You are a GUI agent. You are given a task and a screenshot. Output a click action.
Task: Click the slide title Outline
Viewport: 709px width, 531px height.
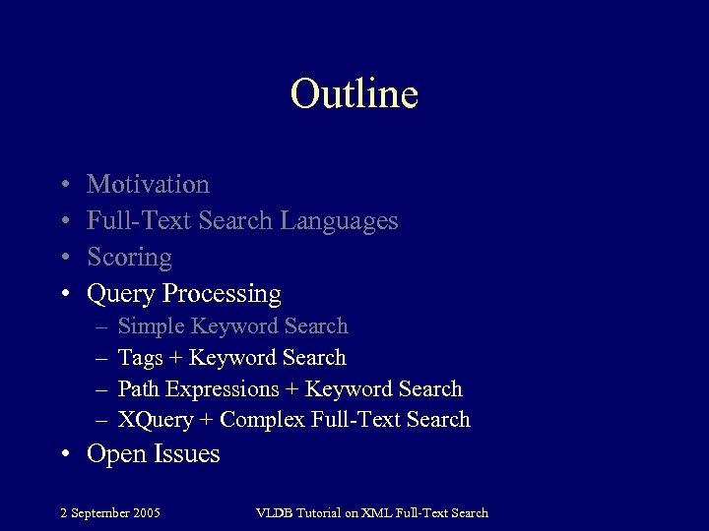click(x=354, y=94)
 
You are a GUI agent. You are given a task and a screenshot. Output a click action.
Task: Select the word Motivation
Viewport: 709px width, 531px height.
click(x=148, y=184)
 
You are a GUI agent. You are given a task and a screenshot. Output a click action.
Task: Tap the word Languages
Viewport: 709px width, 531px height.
click(x=339, y=221)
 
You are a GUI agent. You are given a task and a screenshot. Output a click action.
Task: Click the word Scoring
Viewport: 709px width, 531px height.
click(x=129, y=258)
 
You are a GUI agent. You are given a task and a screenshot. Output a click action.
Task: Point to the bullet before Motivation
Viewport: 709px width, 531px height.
click(x=64, y=185)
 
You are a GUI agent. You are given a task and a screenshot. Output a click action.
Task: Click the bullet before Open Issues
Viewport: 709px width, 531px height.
click(x=64, y=454)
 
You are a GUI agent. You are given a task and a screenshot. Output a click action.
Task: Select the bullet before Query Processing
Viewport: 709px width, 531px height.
click(x=64, y=294)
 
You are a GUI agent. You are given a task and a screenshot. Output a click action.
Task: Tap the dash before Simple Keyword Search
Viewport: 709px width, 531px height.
click(x=101, y=326)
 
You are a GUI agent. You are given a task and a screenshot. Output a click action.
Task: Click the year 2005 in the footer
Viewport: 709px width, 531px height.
click(x=146, y=512)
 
